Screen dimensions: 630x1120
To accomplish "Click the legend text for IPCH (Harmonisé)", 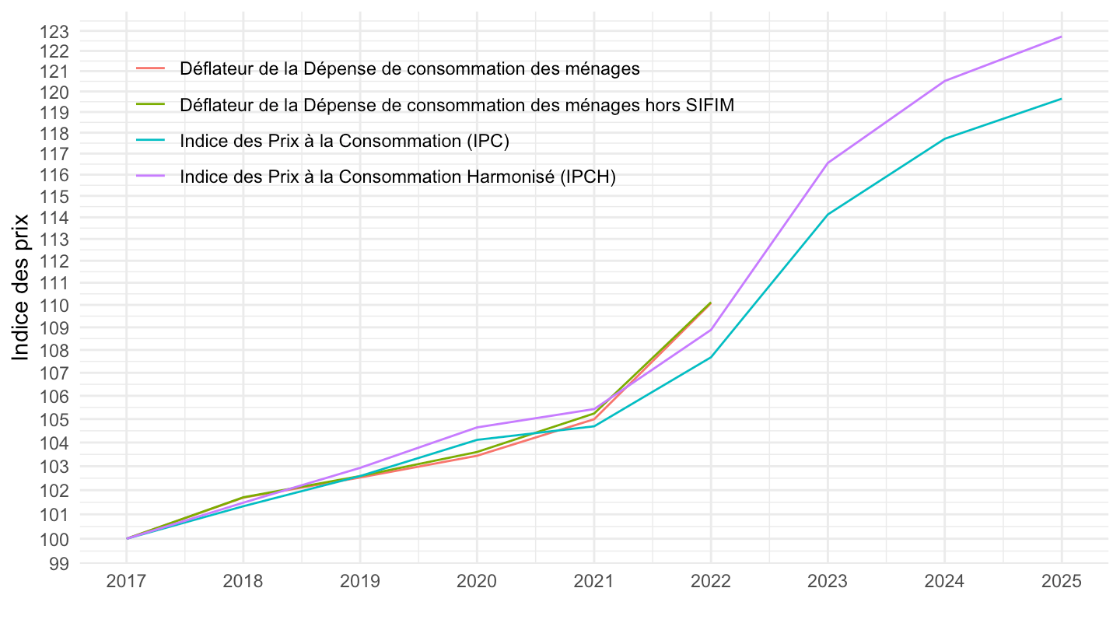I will pos(397,177).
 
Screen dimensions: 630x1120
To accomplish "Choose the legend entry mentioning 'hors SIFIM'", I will pos(457,104).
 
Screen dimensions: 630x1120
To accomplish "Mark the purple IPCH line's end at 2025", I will pos(1061,37).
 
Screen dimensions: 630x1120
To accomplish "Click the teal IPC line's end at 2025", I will pos(1061,99).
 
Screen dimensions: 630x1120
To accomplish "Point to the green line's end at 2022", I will pos(710,303).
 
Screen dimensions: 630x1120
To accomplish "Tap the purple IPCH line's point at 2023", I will pos(828,163).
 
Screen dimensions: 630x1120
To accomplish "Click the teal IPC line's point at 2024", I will pos(944,138).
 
